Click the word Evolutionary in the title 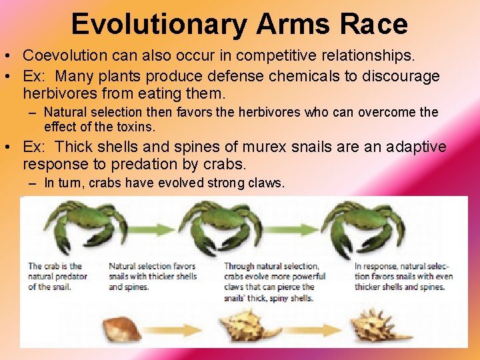pyautogui.click(x=159, y=25)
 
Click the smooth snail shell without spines pyautogui.click(x=123, y=329)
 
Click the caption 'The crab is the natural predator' pyautogui.click(x=55, y=276)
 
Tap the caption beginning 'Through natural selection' pyautogui.click(x=275, y=281)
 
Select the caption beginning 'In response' pyautogui.click(x=403, y=276)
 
